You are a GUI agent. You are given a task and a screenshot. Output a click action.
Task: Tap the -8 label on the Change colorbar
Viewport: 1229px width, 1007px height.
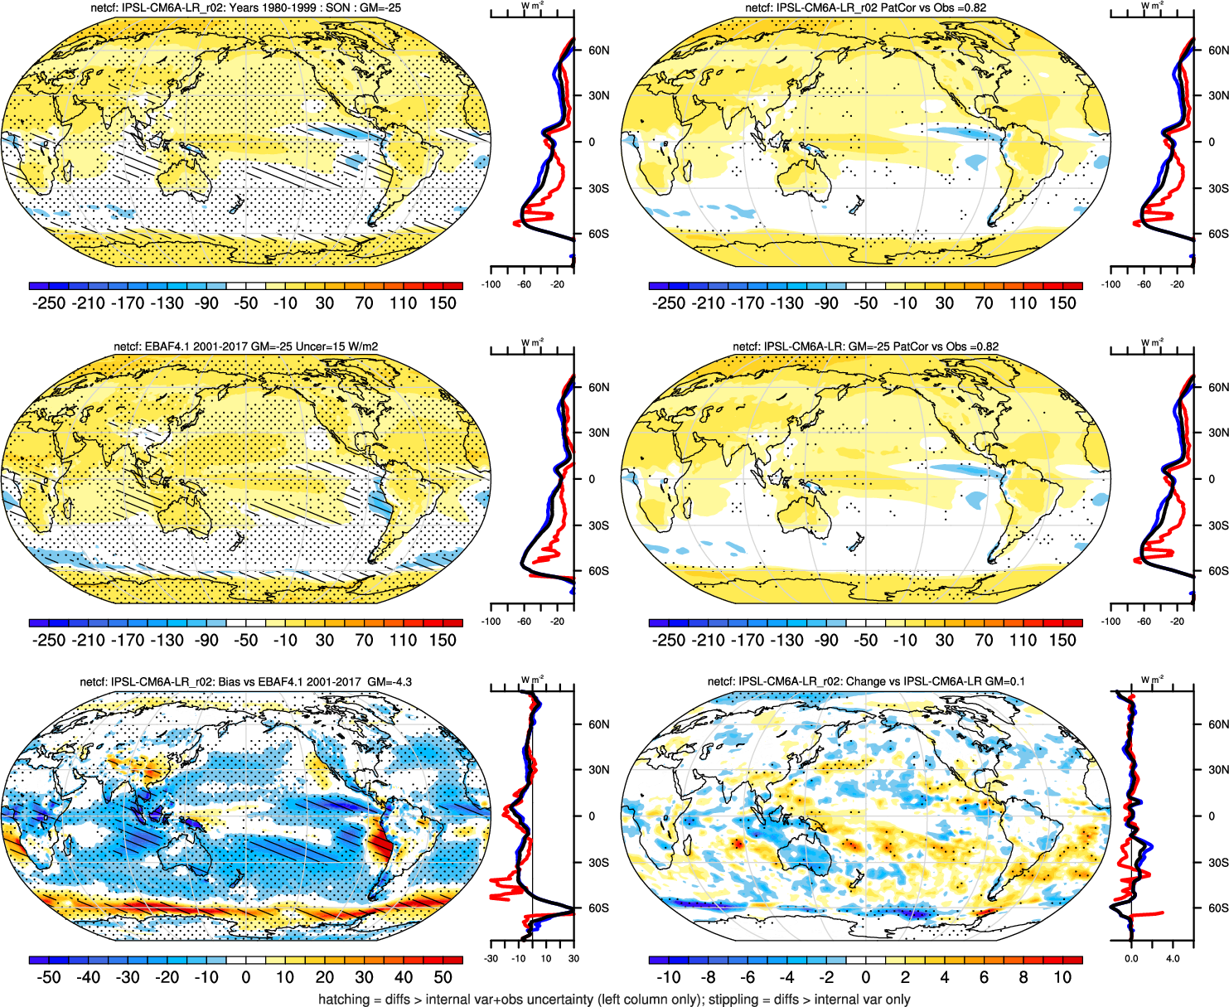[708, 978]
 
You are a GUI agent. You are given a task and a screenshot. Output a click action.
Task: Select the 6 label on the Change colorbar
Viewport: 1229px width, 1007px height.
[984, 978]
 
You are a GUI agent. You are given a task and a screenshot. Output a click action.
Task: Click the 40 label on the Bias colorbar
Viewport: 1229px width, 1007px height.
[404, 978]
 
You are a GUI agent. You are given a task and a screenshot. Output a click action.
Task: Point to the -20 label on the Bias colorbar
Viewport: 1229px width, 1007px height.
[167, 978]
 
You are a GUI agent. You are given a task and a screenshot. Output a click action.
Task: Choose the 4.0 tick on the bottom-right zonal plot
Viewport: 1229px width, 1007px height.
[1173, 959]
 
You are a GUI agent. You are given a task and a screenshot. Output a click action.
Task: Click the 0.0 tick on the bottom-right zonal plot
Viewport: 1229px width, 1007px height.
[1131, 959]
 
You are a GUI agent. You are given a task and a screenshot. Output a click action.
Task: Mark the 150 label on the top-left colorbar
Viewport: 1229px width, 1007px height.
[443, 303]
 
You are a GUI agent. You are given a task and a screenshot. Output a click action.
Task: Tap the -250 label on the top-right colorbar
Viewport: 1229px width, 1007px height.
[669, 303]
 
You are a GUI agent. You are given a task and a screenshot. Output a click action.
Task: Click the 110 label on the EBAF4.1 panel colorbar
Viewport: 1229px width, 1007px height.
[404, 641]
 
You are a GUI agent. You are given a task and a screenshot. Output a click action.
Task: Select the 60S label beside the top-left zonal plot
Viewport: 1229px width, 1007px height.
[598, 235]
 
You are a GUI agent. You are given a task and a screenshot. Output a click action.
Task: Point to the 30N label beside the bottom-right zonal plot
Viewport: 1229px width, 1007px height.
[1218, 770]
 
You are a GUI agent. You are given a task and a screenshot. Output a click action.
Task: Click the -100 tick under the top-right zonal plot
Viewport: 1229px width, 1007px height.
[1111, 284]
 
